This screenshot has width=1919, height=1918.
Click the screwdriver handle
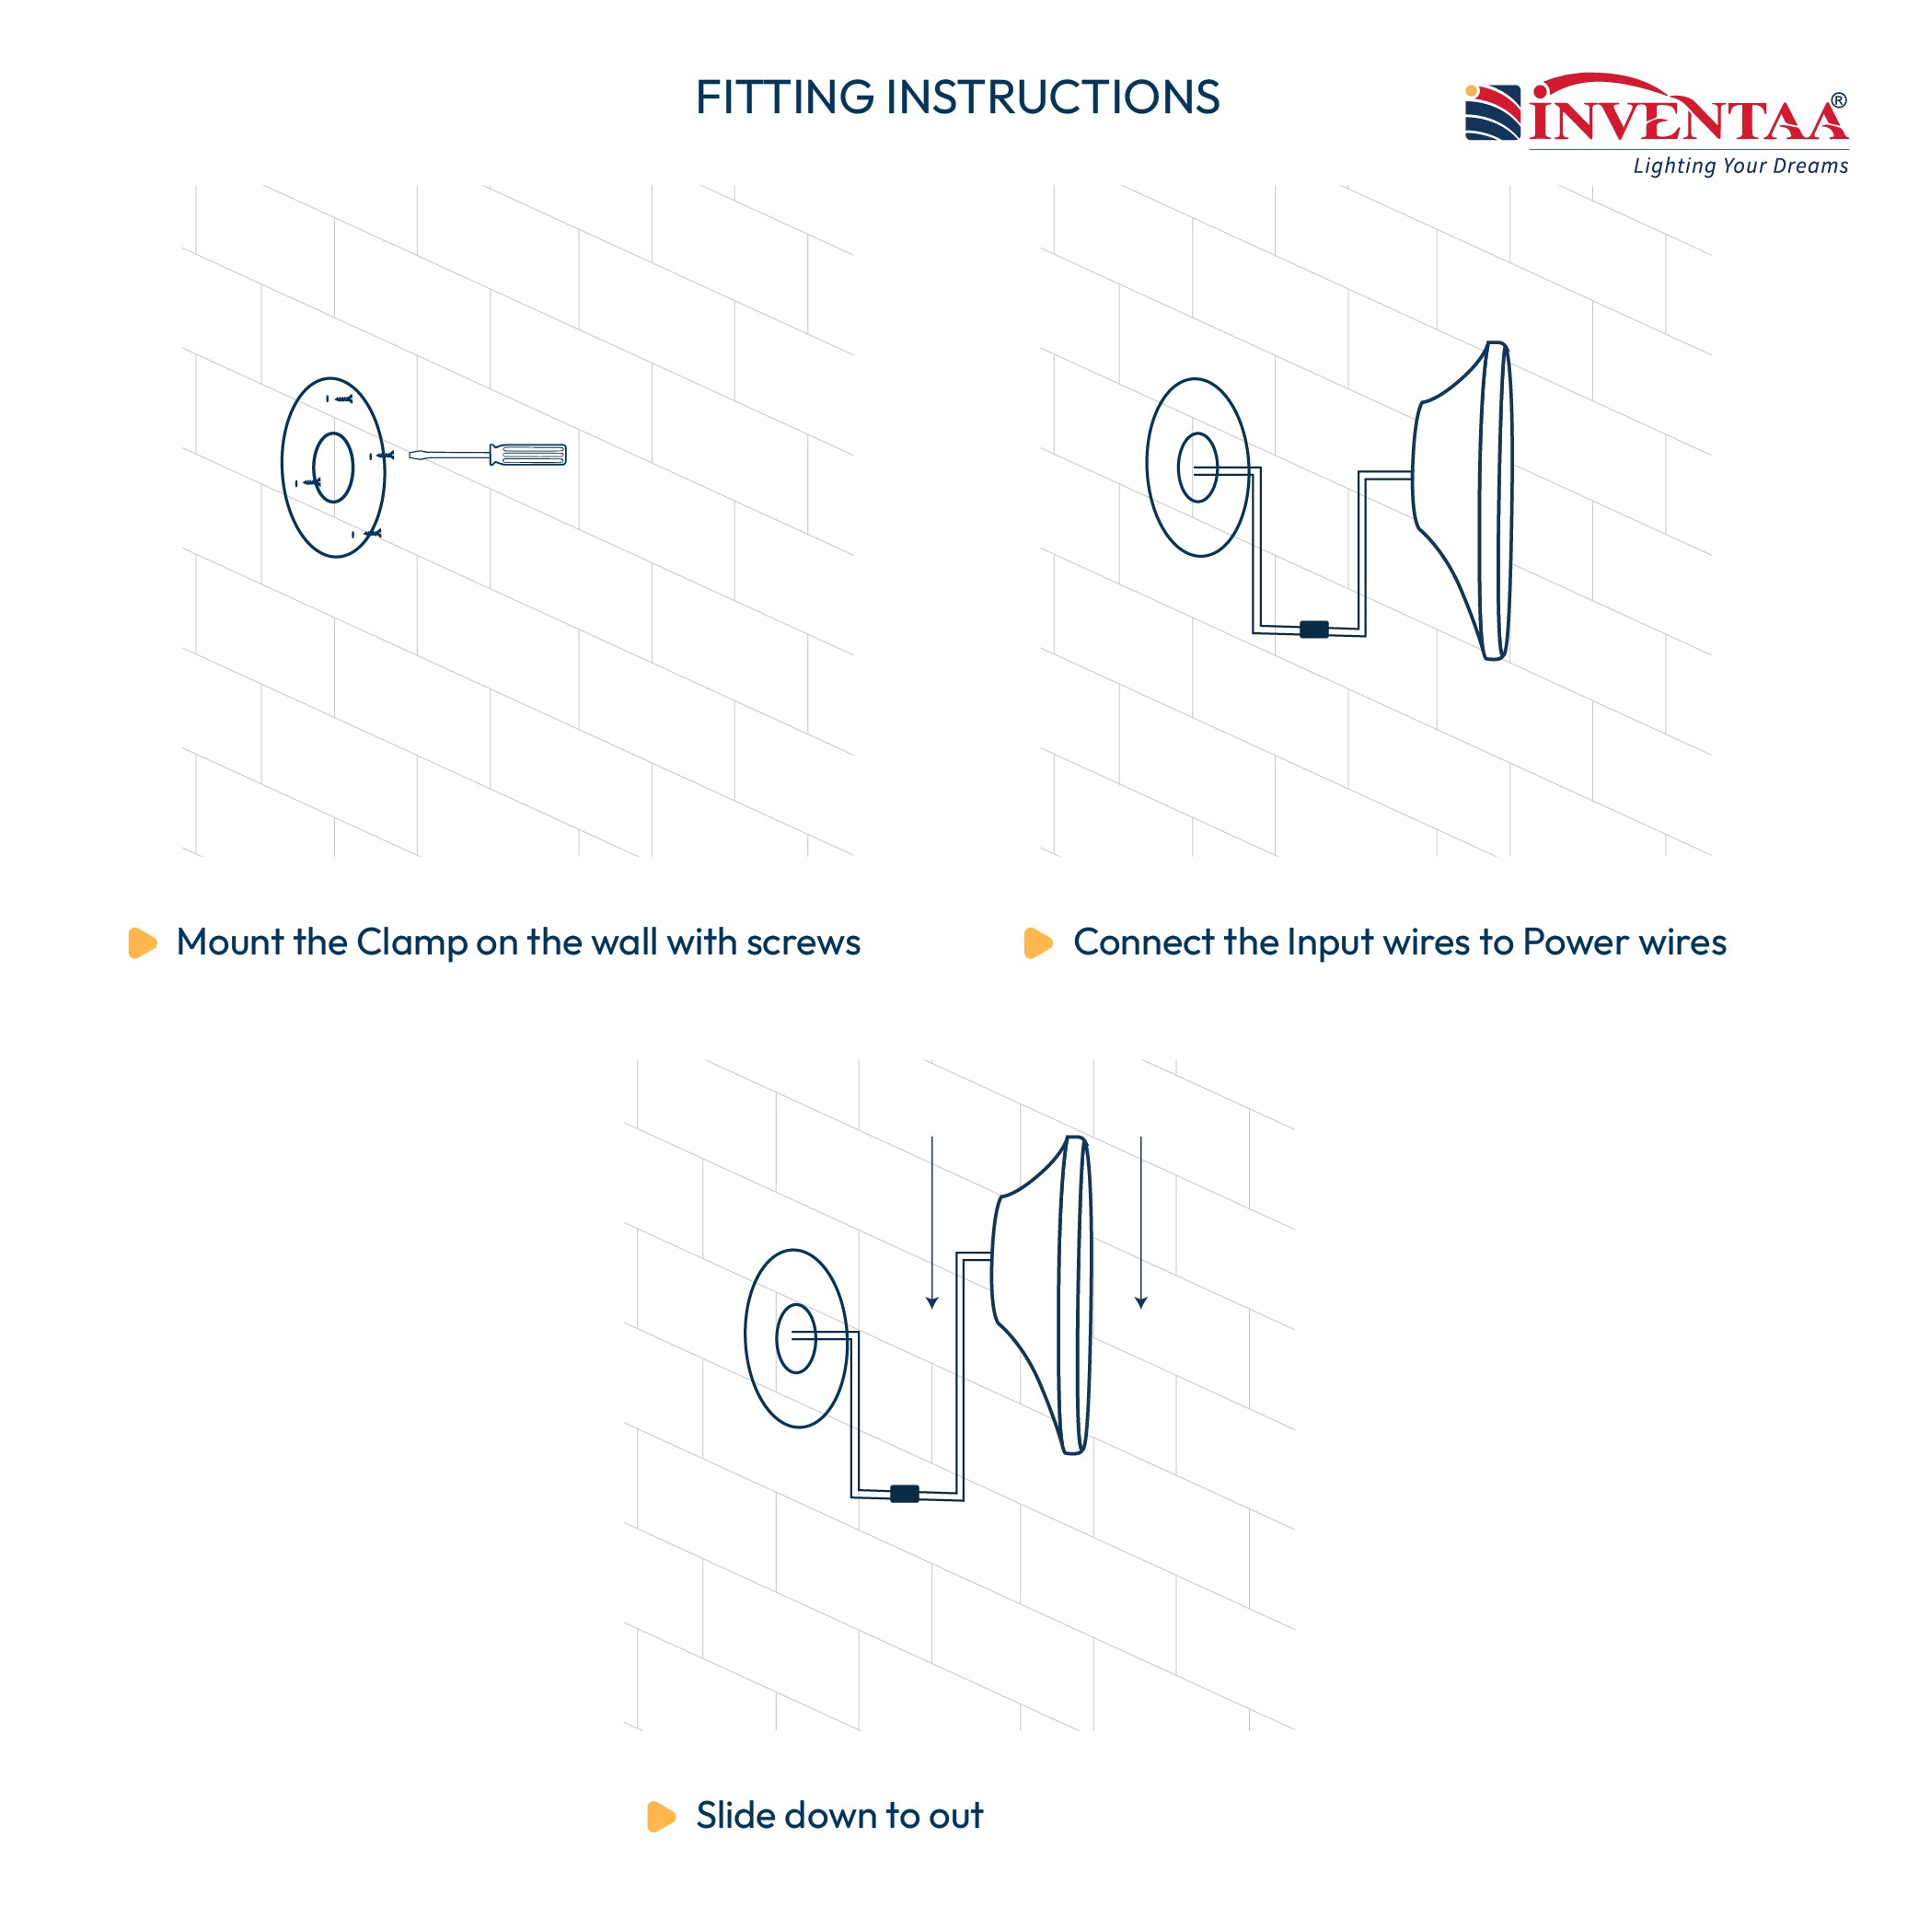(x=528, y=455)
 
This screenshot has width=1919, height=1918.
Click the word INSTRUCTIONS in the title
(x=1053, y=98)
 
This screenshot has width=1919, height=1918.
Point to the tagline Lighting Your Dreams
(x=1740, y=166)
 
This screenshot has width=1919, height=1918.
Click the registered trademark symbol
(x=1839, y=100)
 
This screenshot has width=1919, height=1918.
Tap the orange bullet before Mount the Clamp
(x=143, y=942)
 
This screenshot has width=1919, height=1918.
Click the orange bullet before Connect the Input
(x=1038, y=942)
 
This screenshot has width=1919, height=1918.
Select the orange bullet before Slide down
(x=662, y=1816)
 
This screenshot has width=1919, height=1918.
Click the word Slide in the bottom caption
(x=736, y=1815)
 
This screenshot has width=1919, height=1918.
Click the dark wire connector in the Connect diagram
(x=1314, y=629)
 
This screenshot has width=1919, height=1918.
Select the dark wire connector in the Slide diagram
(x=904, y=1494)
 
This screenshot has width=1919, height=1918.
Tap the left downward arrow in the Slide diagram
(x=931, y=1221)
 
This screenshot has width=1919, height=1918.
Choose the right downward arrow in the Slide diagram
(x=1141, y=1221)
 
